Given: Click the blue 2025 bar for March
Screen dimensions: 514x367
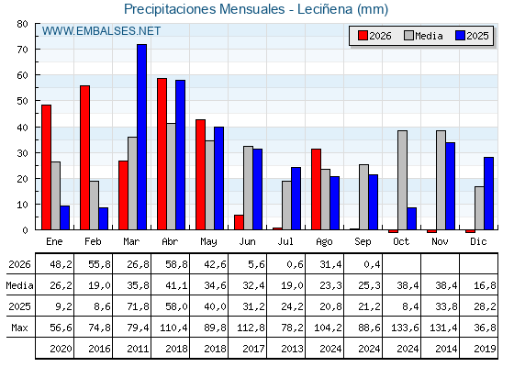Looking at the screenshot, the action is tap(142, 137).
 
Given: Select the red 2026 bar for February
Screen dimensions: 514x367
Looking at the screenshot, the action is tap(84, 158).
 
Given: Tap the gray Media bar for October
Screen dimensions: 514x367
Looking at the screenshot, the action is tap(403, 180).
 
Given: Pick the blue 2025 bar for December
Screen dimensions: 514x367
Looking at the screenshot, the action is tap(488, 194).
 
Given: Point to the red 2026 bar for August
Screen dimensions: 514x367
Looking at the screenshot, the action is tap(317, 189).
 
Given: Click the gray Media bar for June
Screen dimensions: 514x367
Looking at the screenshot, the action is tap(248, 188).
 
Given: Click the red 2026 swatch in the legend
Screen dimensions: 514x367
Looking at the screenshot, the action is tap(363, 36).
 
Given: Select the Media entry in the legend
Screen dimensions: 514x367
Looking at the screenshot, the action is tap(423, 36).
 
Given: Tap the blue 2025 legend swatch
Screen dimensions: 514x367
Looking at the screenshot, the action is tap(460, 36).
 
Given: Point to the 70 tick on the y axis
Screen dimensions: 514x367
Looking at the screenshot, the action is tap(22, 50).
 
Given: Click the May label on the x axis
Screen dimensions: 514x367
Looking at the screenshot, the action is tap(208, 241).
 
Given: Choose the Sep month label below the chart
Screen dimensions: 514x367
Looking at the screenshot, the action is tap(363, 241).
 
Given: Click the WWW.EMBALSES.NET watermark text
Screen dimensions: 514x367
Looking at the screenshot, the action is tap(101, 31).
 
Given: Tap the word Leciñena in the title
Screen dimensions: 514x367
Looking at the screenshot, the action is tap(325, 9).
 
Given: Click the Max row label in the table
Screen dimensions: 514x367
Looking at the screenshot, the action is tap(19, 328).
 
